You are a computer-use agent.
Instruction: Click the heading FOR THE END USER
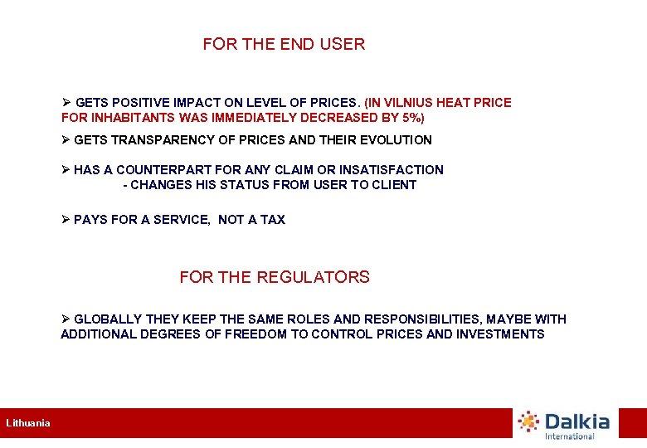284,44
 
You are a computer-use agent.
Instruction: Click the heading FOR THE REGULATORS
275,277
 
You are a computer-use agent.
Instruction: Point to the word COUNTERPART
154,170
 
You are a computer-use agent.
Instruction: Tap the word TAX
273,220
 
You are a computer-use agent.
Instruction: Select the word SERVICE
183,220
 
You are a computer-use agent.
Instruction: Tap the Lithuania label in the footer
28,423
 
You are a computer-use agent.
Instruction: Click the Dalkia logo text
577,421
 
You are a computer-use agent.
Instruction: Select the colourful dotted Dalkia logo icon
529,421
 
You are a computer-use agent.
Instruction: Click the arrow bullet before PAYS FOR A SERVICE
66,220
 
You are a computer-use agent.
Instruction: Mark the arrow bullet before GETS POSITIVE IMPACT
66,103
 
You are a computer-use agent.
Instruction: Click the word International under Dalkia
569,436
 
